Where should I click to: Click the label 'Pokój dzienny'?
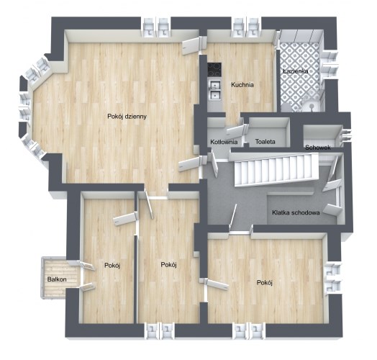tap(127, 117)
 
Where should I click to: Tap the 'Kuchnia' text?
tap(242, 85)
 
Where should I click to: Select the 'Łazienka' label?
tap(296, 71)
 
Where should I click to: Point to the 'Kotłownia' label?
tap(224, 142)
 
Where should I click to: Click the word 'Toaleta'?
tap(265, 142)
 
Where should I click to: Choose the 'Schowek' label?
tap(318, 148)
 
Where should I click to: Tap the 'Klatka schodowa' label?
tap(296, 212)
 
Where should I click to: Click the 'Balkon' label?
tap(57, 279)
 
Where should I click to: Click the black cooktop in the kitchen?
tap(214, 70)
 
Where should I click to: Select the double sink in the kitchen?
tap(214, 91)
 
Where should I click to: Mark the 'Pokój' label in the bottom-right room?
tap(264, 282)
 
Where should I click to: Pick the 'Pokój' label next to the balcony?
tap(112, 266)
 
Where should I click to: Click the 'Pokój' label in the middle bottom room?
tap(168, 265)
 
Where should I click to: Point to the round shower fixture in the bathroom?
tap(312, 106)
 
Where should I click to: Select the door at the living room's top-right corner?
tap(191, 46)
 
